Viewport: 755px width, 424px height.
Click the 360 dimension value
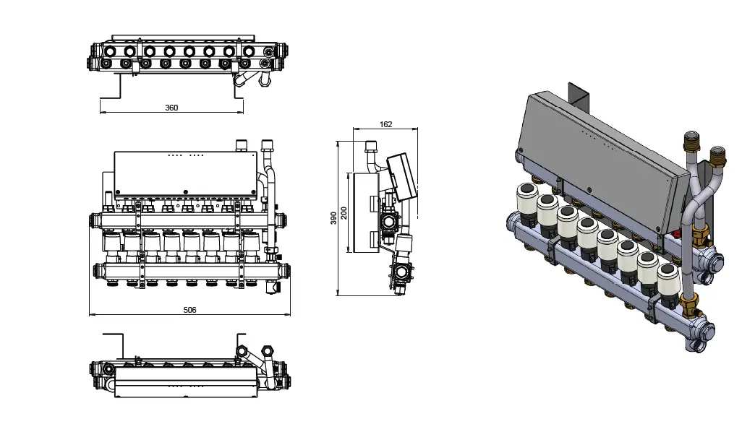click(x=171, y=108)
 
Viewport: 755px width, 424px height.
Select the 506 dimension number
click(x=189, y=310)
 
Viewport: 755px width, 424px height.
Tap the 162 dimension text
click(x=385, y=124)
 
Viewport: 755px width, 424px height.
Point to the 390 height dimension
click(x=333, y=217)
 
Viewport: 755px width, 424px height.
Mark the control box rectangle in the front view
click(x=186, y=173)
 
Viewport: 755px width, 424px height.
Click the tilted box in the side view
click(x=401, y=175)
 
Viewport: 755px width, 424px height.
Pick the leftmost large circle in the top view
click(x=109, y=51)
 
